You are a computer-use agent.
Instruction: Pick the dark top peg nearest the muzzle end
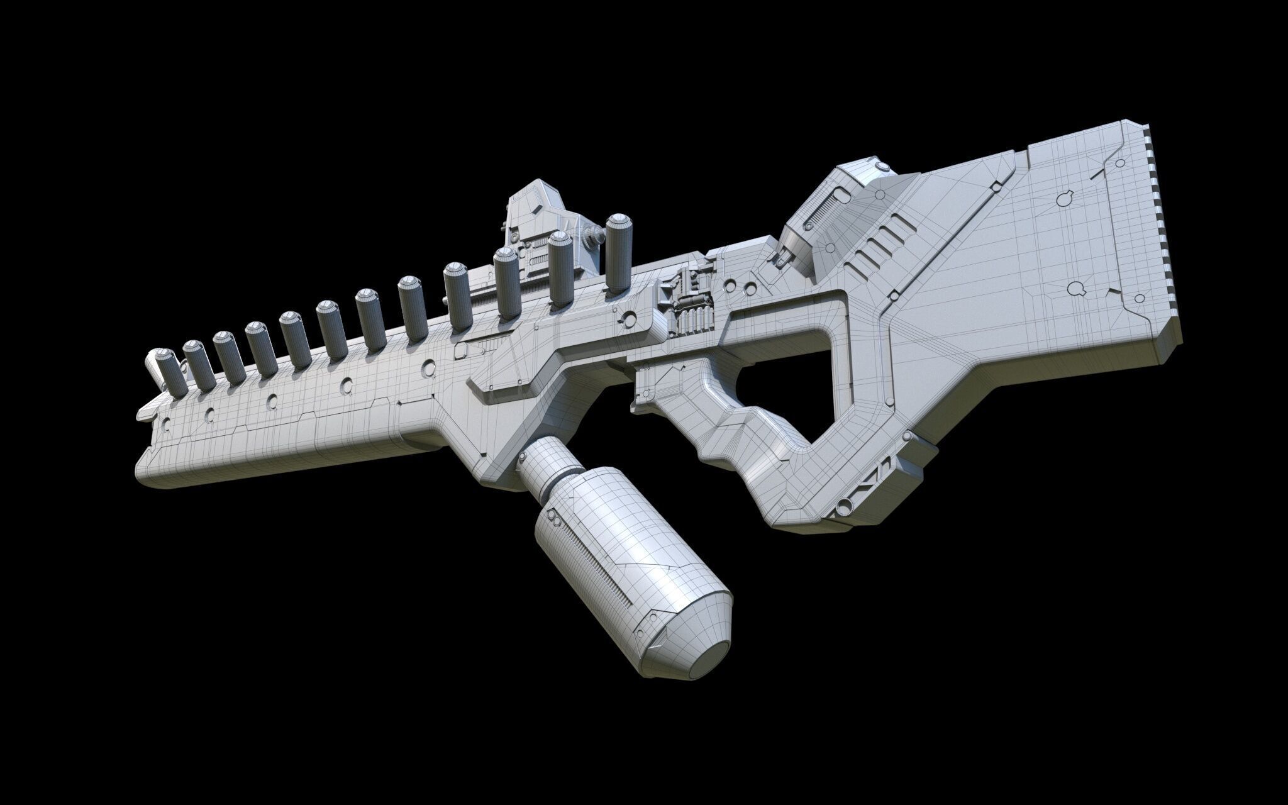169,371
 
